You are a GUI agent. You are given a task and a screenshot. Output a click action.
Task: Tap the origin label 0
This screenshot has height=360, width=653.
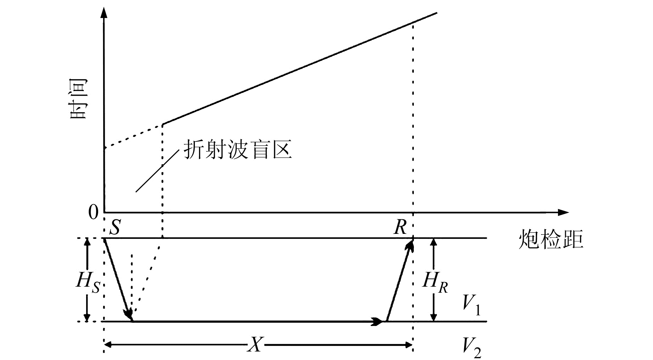tap(93, 213)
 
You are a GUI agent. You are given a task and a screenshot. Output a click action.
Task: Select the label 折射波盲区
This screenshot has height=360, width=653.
tap(237, 150)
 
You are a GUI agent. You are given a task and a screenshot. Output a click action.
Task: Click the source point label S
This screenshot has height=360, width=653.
tap(115, 227)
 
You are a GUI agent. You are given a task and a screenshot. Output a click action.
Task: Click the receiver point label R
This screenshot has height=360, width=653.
tap(400, 227)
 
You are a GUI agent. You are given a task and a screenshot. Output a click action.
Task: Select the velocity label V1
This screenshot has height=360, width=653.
tap(472, 305)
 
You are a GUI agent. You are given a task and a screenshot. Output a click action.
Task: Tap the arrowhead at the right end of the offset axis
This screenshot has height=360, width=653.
tap(563, 212)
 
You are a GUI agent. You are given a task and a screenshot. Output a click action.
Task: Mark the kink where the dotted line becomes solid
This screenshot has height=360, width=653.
tap(163, 124)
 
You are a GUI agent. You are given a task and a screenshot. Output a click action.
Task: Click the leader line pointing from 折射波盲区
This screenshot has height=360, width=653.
tap(157, 171)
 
